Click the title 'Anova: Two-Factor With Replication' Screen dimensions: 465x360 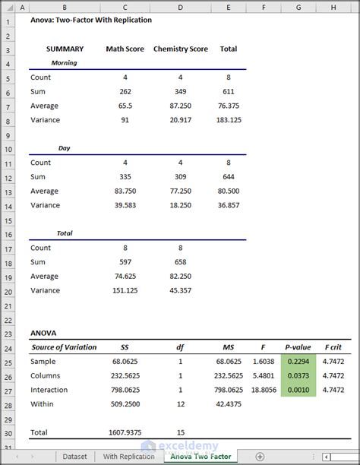tap(91, 20)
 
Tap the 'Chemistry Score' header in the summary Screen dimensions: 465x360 tap(180, 49)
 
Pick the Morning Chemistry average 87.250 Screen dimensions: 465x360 tap(180, 106)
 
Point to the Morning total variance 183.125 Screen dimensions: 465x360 tap(228, 120)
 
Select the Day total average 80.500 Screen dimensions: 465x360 tap(228, 191)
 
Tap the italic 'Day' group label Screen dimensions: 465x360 tap(64, 148)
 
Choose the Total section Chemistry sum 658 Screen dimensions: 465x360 tap(180, 262)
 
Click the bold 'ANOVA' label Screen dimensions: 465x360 tap(43, 333)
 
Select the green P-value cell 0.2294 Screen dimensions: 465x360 tap(303, 362)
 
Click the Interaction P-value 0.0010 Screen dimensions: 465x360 tap(303, 390)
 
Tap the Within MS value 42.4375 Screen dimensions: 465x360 tap(227, 404)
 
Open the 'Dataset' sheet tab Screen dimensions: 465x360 tap(74, 457)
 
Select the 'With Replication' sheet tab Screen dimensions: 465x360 tap(128, 457)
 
